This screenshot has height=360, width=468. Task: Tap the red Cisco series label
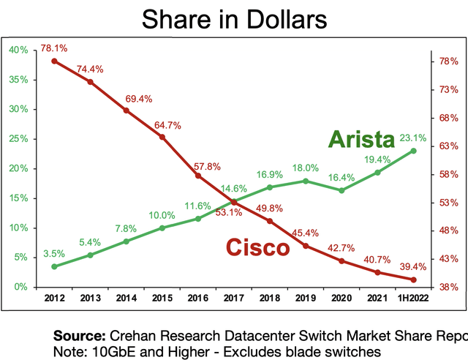(257, 248)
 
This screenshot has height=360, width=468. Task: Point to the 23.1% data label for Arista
(413, 136)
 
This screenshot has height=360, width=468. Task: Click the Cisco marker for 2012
(55, 61)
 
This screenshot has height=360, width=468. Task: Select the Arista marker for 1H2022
(414, 151)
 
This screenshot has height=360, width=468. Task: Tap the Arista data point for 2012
(55, 266)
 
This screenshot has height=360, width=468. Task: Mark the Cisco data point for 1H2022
(414, 280)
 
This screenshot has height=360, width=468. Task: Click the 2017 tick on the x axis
(234, 299)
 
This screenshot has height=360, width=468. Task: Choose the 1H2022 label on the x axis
(414, 299)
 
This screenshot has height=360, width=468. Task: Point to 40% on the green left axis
(18, 50)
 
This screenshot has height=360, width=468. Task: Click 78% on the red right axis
(448, 61)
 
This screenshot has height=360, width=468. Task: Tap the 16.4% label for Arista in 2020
(342, 177)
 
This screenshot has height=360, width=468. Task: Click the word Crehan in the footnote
(135, 336)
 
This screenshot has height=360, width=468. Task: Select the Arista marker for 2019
(306, 181)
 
